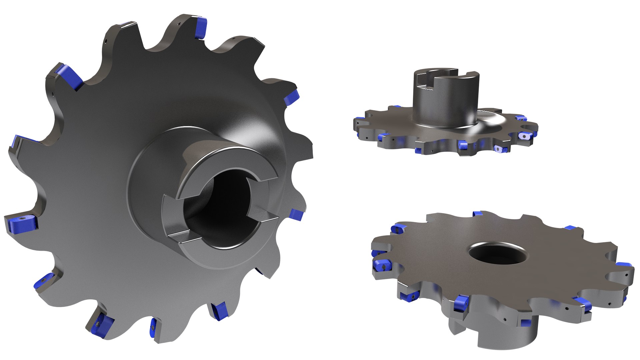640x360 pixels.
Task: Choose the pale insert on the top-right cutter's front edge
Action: (x=499, y=149)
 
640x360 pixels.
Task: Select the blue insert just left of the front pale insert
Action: (x=462, y=144)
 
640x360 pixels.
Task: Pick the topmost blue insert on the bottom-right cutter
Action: (x=477, y=213)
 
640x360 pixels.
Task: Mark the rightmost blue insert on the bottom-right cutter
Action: (x=623, y=265)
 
